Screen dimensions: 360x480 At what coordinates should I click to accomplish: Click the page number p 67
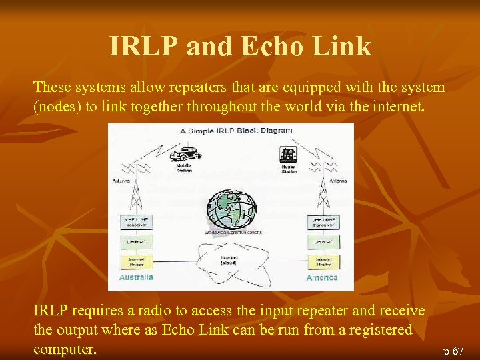tap(453, 350)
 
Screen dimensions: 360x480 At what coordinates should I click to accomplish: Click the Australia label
tap(136, 277)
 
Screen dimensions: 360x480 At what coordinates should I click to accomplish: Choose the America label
tap(321, 277)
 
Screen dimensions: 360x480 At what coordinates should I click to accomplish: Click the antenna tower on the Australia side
tap(136, 190)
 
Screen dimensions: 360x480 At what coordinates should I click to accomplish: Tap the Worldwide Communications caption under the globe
tap(233, 233)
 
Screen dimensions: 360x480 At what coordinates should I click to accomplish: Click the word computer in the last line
tap(65, 349)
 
